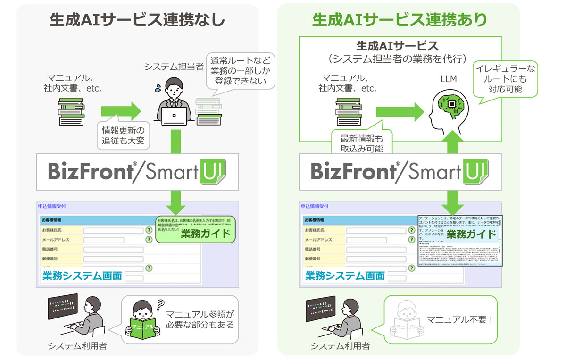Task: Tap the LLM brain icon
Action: tap(448, 107)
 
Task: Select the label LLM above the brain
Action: tap(448, 79)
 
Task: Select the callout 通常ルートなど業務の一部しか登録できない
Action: tap(242, 71)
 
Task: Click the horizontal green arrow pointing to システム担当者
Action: tap(120, 111)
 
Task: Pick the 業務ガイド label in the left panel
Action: tap(205, 234)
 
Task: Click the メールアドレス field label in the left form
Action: tap(56, 240)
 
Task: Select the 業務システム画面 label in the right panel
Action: tap(344, 276)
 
